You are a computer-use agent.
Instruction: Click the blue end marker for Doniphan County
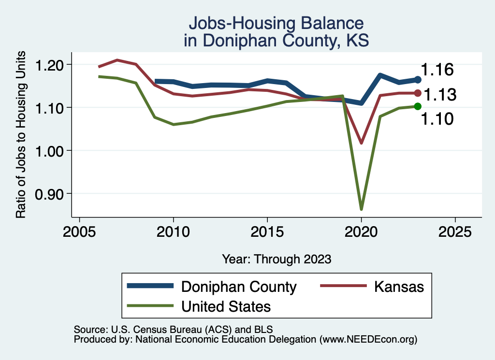[x=418, y=80]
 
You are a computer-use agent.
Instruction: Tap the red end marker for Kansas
[x=418, y=93]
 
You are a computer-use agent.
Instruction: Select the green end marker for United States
[x=418, y=106]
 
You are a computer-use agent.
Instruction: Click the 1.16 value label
[x=437, y=70]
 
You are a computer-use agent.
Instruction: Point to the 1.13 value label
[x=440, y=95]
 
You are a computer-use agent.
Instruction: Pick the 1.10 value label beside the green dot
[x=437, y=119]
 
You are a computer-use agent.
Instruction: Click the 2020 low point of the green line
[x=361, y=209]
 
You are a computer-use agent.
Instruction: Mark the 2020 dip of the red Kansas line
[x=361, y=143]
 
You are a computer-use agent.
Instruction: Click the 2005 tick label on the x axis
[x=79, y=231]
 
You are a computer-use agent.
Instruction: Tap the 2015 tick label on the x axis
[x=267, y=231]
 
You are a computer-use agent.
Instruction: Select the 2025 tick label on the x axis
[x=455, y=231]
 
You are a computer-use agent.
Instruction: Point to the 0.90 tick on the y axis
[x=50, y=194]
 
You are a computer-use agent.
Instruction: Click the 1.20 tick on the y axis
[x=50, y=65]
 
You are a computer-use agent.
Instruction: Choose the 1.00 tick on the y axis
[x=50, y=151]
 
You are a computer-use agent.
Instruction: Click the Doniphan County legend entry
[x=238, y=287]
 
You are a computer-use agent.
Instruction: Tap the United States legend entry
[x=226, y=306]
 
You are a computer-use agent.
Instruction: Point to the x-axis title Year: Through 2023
[x=277, y=259]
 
